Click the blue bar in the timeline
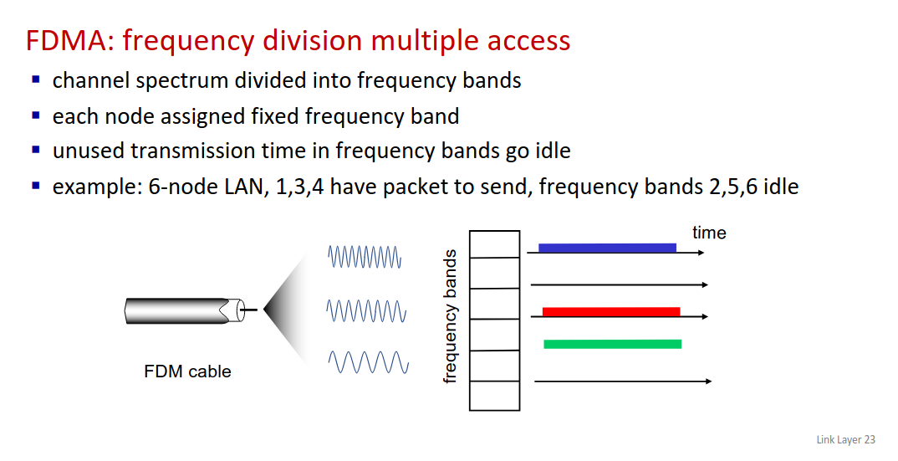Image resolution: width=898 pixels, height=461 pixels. (x=607, y=248)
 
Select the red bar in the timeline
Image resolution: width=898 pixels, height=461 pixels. (x=611, y=311)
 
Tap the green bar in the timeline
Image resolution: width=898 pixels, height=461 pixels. (x=612, y=344)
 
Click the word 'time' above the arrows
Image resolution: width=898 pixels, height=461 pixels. (x=709, y=233)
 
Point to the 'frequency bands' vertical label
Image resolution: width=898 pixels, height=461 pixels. (x=451, y=316)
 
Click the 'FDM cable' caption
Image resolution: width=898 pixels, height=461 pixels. (x=188, y=371)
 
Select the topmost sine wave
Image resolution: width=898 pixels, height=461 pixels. (x=365, y=257)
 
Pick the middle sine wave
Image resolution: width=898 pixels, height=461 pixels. (x=366, y=311)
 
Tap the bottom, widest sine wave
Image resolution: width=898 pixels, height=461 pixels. (x=368, y=362)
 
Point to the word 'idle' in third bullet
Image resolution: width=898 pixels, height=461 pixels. (x=554, y=151)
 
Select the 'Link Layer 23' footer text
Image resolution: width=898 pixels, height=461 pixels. (x=846, y=440)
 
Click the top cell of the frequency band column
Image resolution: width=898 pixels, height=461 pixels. (x=494, y=244)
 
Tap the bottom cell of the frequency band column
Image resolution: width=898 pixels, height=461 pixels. (x=494, y=396)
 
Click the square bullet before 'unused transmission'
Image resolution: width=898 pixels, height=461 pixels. (x=36, y=151)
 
